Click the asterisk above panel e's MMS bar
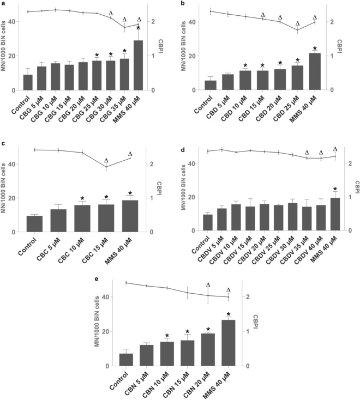[228, 314]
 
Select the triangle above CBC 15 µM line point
[106, 161]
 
